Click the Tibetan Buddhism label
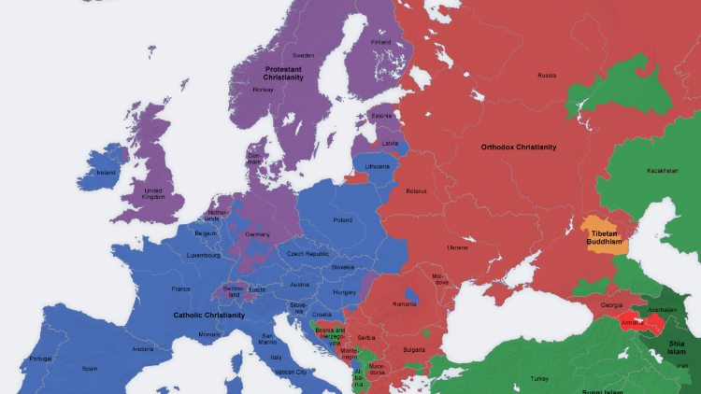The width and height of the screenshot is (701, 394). (x=605, y=237)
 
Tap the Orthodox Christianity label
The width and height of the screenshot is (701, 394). (x=518, y=147)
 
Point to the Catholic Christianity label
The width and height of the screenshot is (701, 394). (x=208, y=315)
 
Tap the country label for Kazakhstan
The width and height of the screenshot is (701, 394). (x=661, y=171)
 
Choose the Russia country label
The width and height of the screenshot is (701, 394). (x=547, y=75)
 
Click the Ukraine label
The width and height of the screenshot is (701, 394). (x=458, y=247)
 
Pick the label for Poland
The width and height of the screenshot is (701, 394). (x=342, y=220)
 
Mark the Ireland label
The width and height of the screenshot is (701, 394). (x=107, y=172)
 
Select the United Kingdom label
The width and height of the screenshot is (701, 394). (x=153, y=193)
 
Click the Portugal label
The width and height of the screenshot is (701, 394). (x=40, y=359)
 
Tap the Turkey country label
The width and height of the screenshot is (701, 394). (x=540, y=378)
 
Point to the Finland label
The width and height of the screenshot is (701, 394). (x=381, y=41)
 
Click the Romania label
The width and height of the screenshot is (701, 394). (x=405, y=304)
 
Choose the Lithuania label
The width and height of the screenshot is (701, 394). (x=377, y=165)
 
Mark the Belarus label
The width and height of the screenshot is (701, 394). (x=416, y=190)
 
